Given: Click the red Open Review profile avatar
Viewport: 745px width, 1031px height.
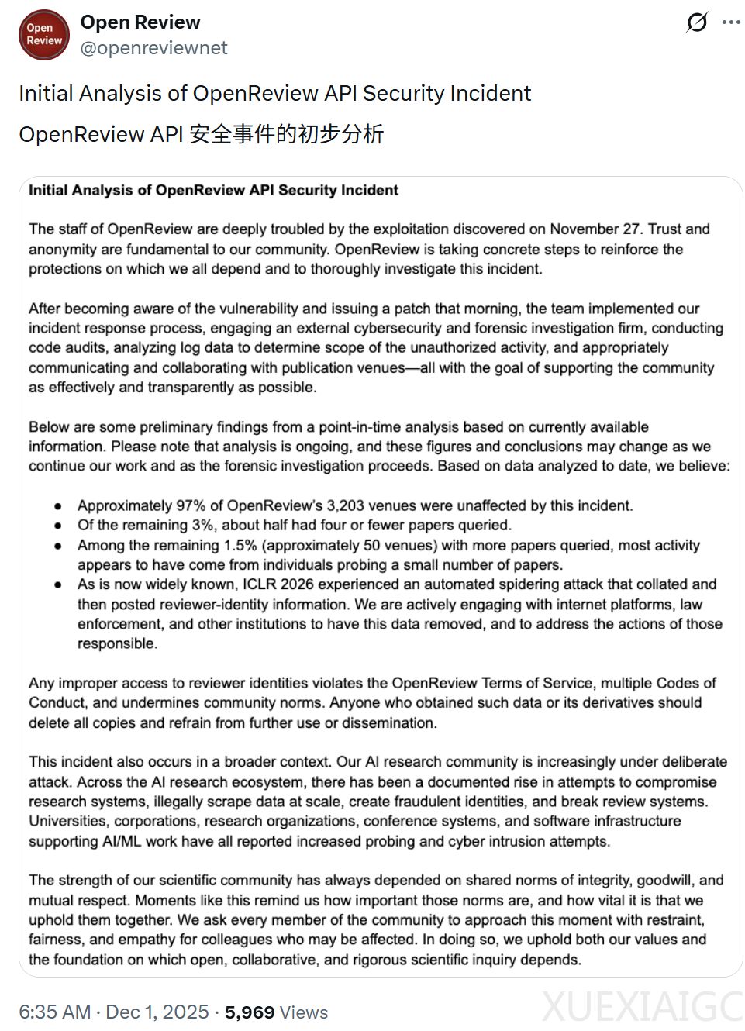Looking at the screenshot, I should [44, 35].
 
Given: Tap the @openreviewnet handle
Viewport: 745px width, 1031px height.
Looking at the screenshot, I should [153, 48].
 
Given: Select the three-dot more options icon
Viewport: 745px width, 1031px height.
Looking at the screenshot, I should [731, 22].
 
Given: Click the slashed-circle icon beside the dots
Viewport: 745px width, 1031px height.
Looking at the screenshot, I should [697, 22].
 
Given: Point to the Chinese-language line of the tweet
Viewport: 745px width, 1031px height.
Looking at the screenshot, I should [202, 134].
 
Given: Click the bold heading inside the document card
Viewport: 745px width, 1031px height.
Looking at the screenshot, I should [213, 190].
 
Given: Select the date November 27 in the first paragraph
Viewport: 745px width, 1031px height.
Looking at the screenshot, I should [595, 229].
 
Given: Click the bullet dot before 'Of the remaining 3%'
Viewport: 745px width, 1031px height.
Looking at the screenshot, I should [58, 526].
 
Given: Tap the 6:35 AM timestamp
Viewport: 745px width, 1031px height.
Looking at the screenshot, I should [54, 1012].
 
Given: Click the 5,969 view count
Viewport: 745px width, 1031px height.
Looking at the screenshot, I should [250, 1012].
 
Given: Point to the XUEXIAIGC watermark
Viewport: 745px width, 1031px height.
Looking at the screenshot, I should [642, 1007].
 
